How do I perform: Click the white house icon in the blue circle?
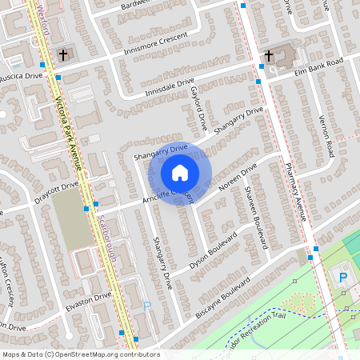(x=180, y=172)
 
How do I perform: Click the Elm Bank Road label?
(x=320, y=64)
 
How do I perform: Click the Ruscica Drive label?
(x=22, y=77)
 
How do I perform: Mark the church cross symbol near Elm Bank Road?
(x=269, y=56)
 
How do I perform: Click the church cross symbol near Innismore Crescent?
(x=62, y=55)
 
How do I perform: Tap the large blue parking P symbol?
(x=343, y=278)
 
